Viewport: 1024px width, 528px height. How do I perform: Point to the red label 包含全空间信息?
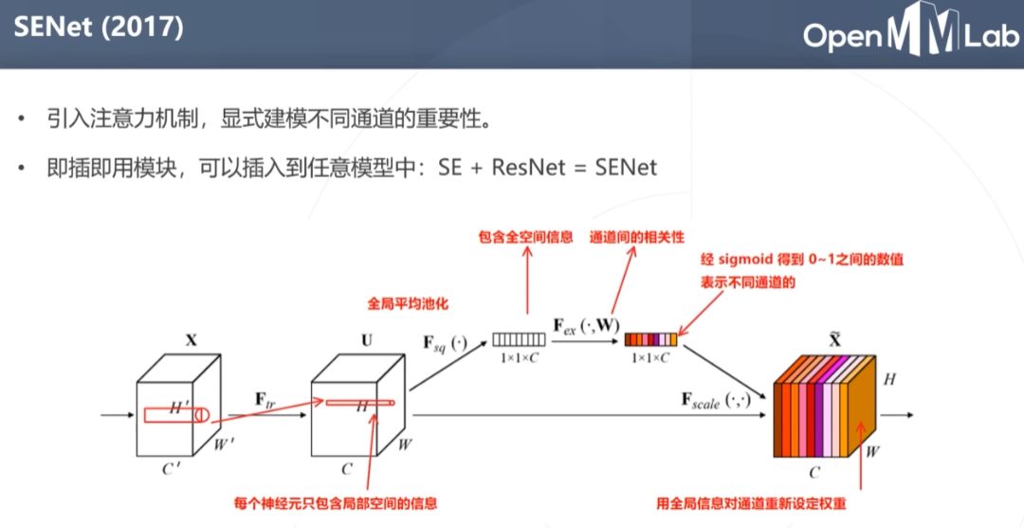point(525,236)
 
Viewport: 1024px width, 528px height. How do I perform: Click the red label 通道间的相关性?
point(637,236)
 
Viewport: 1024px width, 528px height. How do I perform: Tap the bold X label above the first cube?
point(192,337)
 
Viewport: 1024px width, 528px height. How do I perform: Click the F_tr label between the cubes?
point(264,400)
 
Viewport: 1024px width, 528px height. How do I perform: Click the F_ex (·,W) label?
point(586,325)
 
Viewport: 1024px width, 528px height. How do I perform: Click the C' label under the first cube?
point(171,467)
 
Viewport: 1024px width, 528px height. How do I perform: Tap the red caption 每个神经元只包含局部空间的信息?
point(336,502)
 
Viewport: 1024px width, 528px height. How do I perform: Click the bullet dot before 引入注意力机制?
point(22,120)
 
